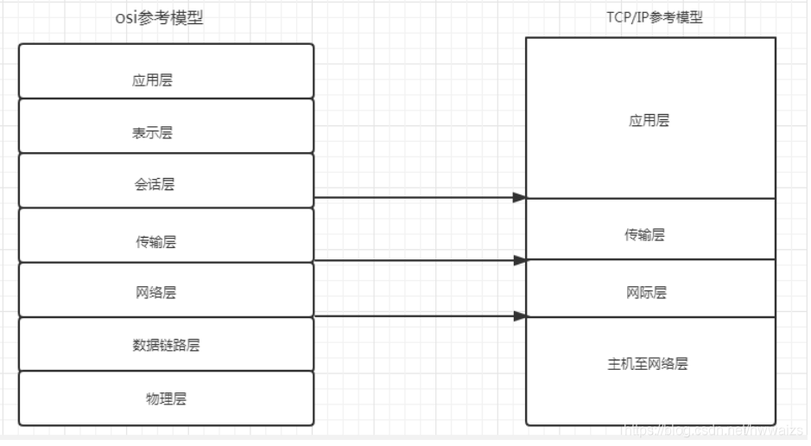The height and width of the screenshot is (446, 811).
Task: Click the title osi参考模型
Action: click(159, 17)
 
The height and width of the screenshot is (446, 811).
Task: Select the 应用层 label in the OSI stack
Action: click(152, 80)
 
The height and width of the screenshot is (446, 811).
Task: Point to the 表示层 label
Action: click(152, 133)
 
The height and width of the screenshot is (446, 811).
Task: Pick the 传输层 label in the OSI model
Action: click(155, 242)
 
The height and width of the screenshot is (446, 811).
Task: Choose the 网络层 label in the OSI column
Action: click(155, 293)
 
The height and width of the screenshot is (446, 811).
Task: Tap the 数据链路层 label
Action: click(166, 345)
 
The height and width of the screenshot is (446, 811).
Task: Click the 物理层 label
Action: click(166, 398)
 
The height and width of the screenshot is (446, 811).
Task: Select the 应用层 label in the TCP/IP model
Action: click(649, 121)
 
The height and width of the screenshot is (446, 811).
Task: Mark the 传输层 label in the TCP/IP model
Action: click(644, 235)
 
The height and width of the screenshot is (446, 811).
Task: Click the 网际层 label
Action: click(646, 293)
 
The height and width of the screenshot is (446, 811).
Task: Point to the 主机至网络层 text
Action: click(648, 364)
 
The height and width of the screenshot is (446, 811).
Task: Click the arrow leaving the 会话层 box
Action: click(415, 198)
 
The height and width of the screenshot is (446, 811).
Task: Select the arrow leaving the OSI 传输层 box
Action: click(415, 260)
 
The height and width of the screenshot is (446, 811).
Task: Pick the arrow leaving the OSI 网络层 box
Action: click(415, 316)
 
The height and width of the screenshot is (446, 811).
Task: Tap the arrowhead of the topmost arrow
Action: click(519, 198)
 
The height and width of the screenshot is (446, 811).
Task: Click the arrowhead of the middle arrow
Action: click(519, 260)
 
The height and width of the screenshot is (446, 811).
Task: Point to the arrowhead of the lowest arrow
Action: click(519, 316)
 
